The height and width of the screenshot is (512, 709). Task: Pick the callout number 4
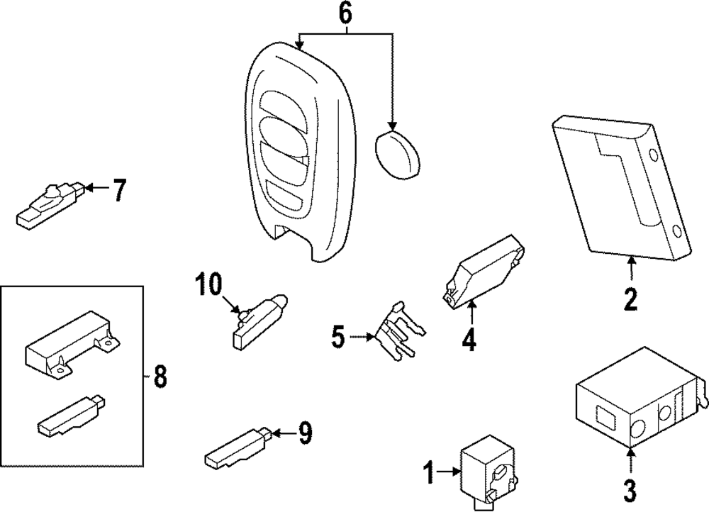(x=469, y=340)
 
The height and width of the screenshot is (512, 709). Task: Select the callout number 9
(x=304, y=434)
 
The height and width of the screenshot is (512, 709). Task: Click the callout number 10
(x=210, y=284)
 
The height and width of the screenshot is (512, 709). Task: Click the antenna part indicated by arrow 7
(x=50, y=207)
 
